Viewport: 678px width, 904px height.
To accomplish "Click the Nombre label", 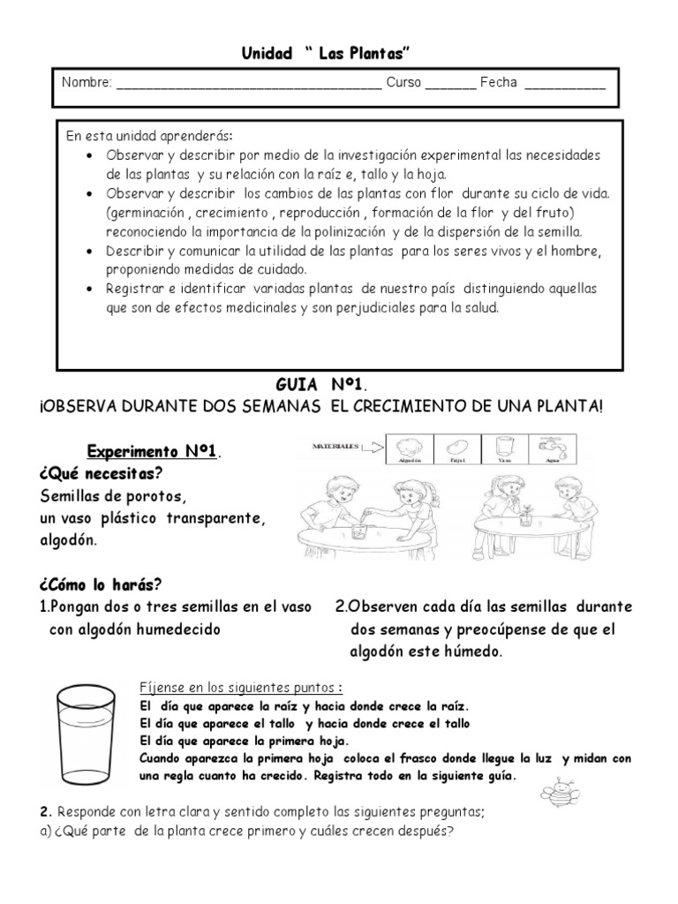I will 87,84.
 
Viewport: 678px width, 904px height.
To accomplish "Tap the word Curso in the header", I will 405,84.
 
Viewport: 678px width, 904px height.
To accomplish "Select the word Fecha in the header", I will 499,84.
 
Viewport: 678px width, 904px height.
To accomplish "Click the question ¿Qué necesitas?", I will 93,474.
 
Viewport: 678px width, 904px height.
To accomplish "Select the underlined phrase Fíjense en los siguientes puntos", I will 241,688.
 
